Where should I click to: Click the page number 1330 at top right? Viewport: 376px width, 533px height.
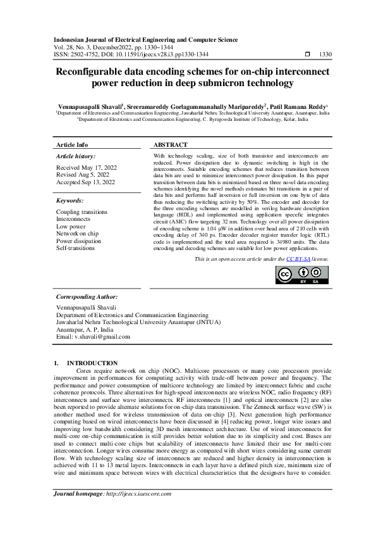click(326, 54)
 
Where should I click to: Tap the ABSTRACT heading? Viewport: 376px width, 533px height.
click(171, 145)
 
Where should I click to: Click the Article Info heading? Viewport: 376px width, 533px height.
click(73, 145)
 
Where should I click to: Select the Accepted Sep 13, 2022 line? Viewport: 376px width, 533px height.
click(86, 182)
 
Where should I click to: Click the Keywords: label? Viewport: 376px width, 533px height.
click(71, 200)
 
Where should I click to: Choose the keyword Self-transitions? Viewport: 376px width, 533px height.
click(75, 248)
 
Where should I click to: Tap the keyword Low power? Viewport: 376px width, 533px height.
click(71, 226)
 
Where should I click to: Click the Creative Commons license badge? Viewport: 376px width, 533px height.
click(302, 274)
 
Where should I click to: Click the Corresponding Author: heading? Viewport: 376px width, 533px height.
click(87, 296)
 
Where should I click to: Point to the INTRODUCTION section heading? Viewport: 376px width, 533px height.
click(97, 363)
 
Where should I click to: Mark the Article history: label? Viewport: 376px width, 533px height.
click(76, 156)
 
